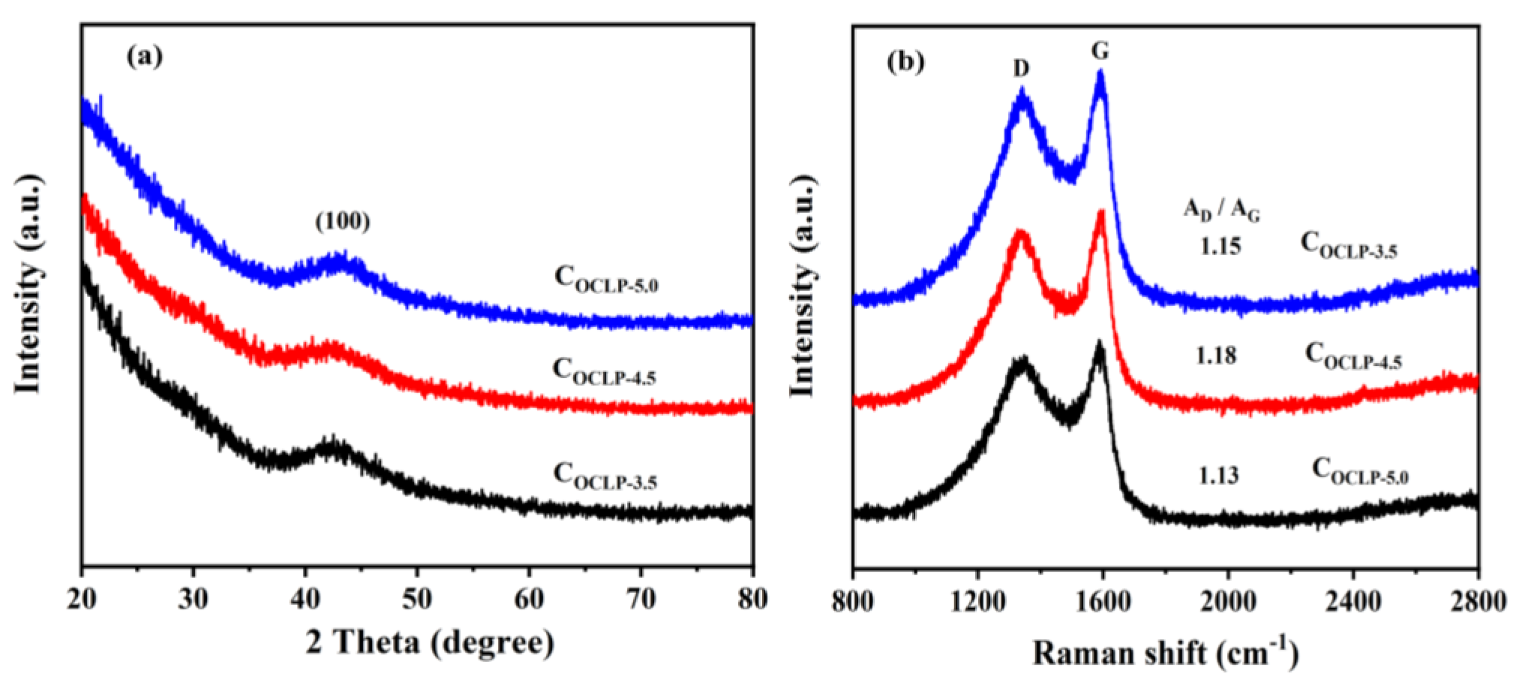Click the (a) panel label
tap(144, 57)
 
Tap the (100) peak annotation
tap(342, 221)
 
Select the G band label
tap(1100, 52)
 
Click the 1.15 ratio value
tap(1221, 245)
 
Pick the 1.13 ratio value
tap(1218, 475)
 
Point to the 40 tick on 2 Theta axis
tap(305, 599)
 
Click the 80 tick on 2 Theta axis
tap(752, 599)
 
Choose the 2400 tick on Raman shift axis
tap(1353, 602)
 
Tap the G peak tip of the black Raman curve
tap(1099, 342)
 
